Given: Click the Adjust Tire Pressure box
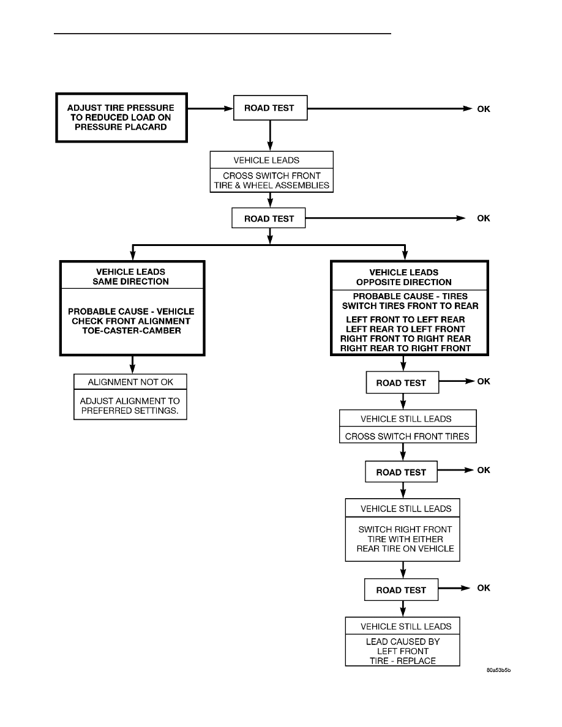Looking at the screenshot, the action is [x=121, y=117].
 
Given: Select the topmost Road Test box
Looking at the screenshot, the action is [x=271, y=108].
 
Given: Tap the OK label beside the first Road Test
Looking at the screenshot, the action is [x=483, y=109].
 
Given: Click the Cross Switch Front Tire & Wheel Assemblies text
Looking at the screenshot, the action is [x=272, y=181].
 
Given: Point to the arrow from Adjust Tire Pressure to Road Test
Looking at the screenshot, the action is [x=210, y=108].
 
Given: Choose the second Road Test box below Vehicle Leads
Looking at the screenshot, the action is [x=269, y=218].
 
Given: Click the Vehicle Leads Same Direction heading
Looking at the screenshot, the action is [x=131, y=277].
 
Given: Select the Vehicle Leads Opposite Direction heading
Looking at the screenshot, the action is [x=404, y=277].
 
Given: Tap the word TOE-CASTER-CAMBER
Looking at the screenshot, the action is [x=132, y=330].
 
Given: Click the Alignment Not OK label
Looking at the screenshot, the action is [x=130, y=382].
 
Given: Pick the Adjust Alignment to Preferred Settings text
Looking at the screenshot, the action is [x=130, y=406].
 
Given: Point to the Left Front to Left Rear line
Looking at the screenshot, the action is [x=405, y=319].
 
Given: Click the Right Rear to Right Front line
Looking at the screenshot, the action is [x=405, y=348].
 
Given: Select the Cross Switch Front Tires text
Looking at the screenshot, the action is [x=407, y=436].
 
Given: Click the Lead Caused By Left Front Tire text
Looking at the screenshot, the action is [x=402, y=651].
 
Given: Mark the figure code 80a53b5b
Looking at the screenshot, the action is [x=498, y=670].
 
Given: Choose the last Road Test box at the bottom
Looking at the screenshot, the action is [x=401, y=590].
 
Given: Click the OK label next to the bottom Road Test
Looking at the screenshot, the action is [x=483, y=588].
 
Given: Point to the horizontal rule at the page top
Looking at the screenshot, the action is [x=223, y=34].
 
